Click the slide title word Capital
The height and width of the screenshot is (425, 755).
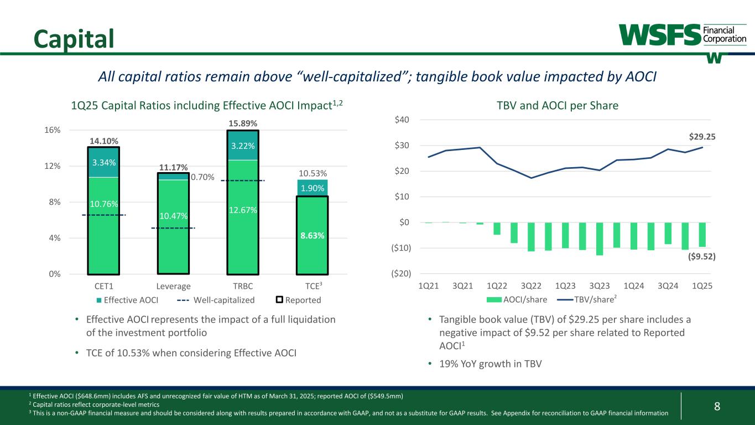point(74,37)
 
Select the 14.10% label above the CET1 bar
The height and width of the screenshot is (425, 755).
point(104,141)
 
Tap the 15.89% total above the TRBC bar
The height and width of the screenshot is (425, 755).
point(243,123)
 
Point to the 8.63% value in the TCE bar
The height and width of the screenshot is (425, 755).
point(313,235)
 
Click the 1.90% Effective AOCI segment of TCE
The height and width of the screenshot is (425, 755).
point(313,189)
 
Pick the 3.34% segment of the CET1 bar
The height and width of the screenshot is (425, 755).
point(104,163)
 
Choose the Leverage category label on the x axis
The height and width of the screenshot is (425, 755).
point(174,286)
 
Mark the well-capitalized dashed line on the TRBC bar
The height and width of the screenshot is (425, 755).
point(243,180)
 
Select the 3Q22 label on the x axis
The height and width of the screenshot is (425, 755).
point(532,286)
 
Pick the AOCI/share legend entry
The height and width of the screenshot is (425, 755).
point(522,299)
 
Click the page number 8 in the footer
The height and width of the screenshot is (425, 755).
point(717,407)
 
